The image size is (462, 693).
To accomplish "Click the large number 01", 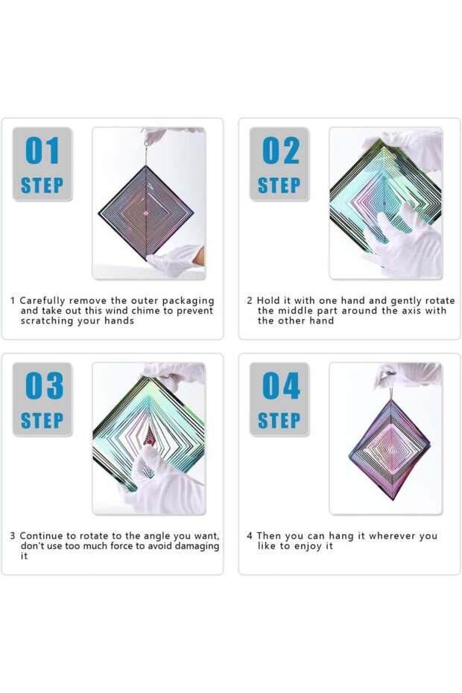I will point(42,151).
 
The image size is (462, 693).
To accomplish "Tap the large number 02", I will point(279,151).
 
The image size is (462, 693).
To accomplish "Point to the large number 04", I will point(279,386).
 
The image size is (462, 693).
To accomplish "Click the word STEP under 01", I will point(42,186).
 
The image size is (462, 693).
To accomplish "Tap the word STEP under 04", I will point(279,421).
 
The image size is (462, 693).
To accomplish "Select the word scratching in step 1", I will point(47,321).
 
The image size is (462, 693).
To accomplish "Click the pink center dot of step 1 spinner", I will point(146,212).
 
